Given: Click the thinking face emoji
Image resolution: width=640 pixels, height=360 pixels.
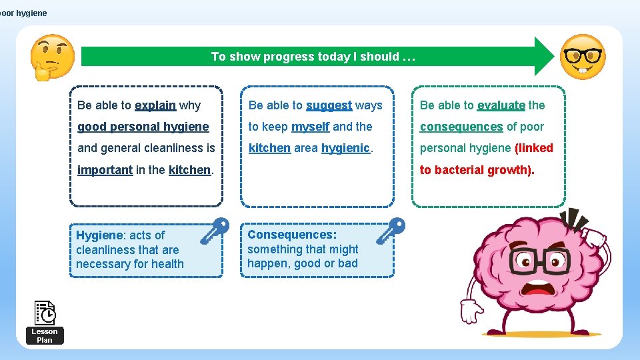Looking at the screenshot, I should pos(52,57).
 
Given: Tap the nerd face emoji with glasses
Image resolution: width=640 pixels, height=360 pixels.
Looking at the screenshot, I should pos(582,57).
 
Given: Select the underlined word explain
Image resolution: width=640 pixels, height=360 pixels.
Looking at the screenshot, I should pos(155,105).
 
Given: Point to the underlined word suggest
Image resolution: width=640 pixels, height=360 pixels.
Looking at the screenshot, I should pos(329,105).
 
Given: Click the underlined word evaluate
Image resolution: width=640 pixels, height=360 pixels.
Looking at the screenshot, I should pos(501,105).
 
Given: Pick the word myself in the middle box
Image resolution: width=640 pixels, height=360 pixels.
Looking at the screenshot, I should pos(310,127).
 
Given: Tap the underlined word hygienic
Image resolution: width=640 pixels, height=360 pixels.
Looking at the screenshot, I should pos(345,148).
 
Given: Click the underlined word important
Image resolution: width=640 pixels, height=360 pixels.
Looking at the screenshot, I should pos(105,170).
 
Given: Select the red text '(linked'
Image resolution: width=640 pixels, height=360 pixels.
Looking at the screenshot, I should pos(534,148).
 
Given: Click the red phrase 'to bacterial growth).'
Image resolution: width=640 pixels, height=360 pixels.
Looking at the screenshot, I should pos(477,170).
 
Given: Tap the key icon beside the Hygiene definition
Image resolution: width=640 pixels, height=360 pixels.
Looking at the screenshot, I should pos(214,232).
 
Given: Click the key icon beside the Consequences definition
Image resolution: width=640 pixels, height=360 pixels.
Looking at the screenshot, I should pos(390,231).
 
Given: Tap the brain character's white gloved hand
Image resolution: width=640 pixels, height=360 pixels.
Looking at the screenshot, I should pos(472,311).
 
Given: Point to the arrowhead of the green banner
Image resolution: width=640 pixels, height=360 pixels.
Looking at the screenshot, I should pos(543,57).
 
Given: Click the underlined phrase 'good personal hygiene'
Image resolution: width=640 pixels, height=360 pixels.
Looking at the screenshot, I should pos(143,127).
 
